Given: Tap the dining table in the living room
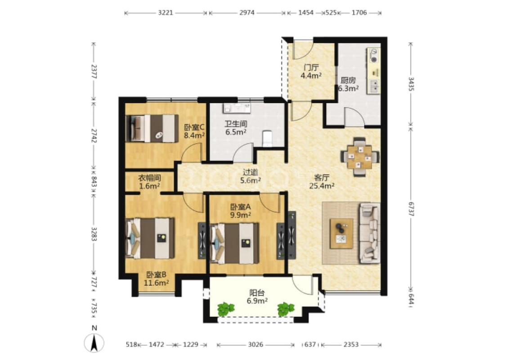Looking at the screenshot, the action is [x=359, y=157].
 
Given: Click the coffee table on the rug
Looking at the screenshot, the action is [x=341, y=234].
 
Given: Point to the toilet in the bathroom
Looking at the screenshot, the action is [x=268, y=138].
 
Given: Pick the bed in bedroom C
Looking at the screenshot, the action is [x=152, y=128].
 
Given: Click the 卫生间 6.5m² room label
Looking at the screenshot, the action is [x=236, y=127].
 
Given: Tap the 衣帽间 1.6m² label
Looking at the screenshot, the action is [x=149, y=182].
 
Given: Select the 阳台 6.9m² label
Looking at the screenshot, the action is [x=257, y=297].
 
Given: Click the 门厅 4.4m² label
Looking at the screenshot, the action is [x=311, y=72].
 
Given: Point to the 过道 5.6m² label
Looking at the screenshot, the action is [x=251, y=176].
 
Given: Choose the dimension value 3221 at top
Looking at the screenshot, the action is [x=166, y=13].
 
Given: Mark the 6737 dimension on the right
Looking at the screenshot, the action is [x=411, y=209].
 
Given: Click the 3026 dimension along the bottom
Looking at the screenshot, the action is [x=255, y=345].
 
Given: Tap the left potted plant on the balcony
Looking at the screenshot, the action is [x=226, y=309].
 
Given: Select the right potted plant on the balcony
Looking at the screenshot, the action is [x=286, y=309].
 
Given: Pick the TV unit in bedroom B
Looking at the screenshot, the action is [x=202, y=240].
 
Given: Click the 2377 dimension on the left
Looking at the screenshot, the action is [x=94, y=72].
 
